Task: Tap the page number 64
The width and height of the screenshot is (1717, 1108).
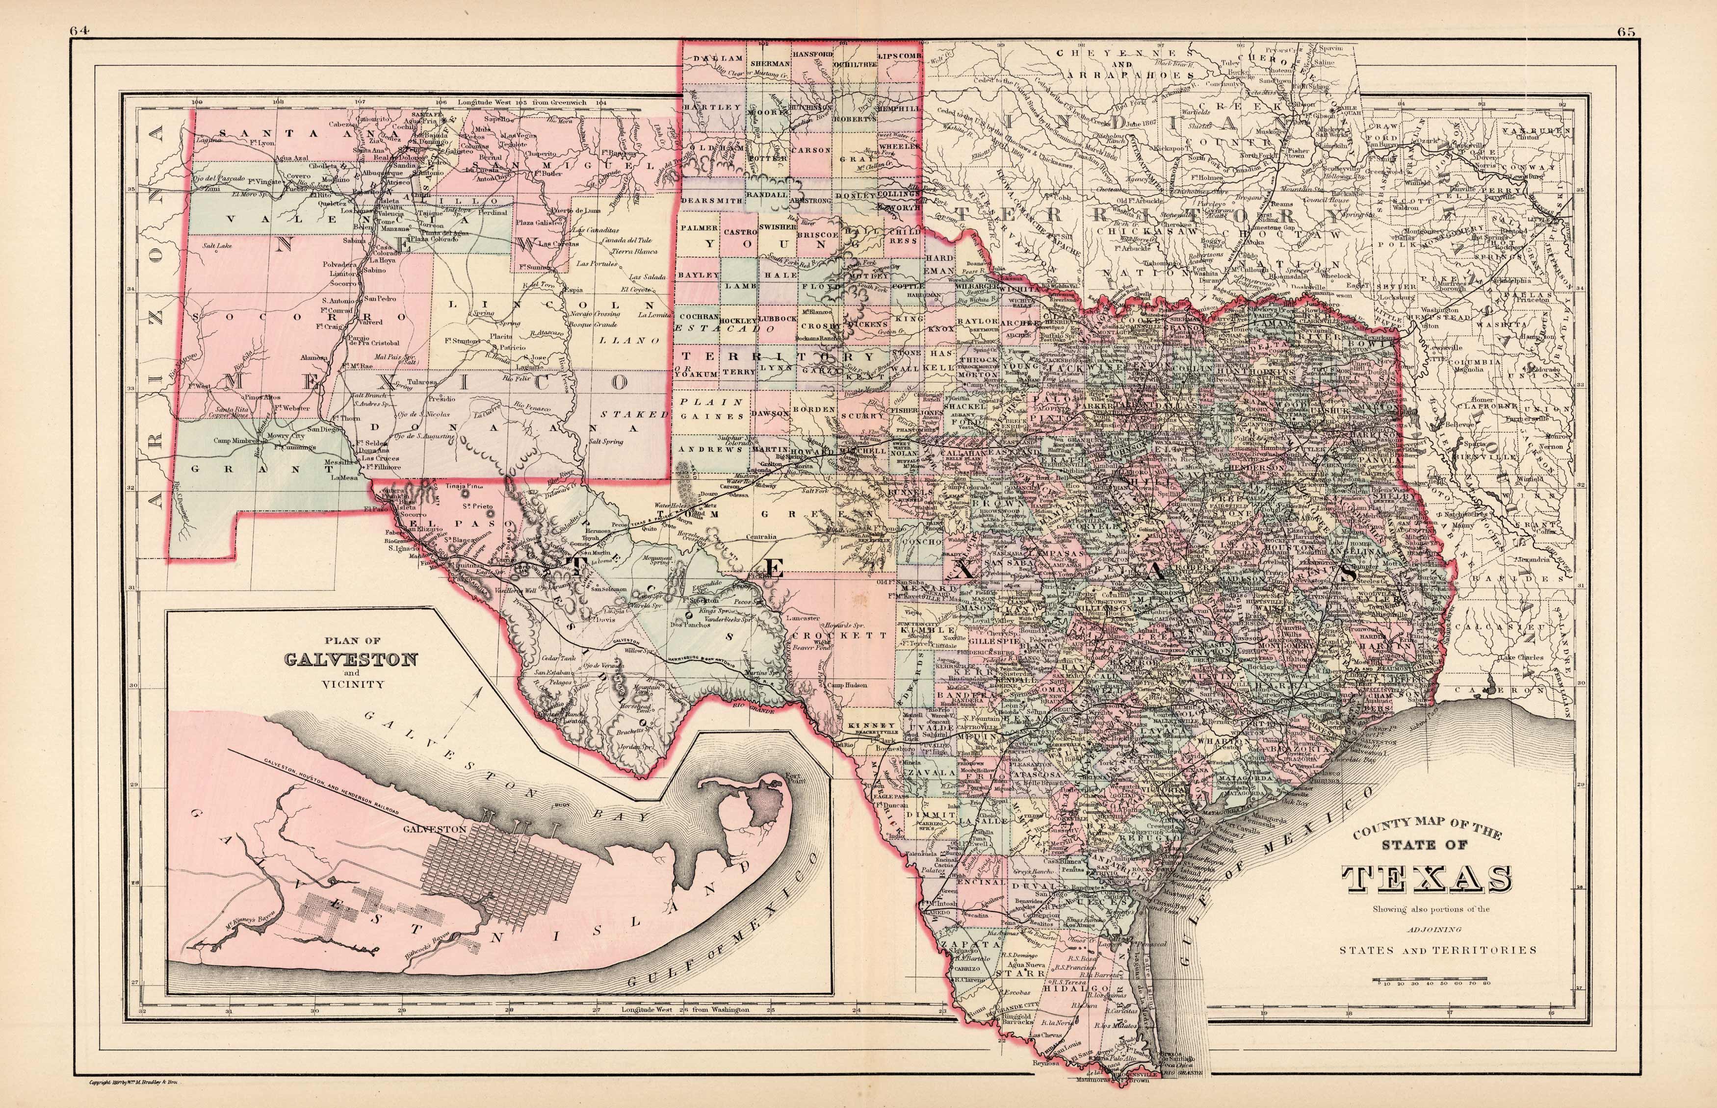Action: coord(79,11)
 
